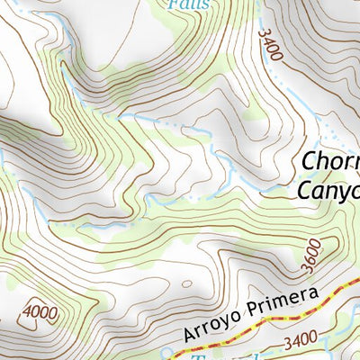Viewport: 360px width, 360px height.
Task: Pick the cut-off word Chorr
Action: click(330, 162)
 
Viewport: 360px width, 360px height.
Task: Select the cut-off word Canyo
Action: click(328, 191)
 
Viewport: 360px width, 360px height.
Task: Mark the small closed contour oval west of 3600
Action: click(186, 283)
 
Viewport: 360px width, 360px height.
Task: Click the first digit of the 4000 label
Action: click(26, 313)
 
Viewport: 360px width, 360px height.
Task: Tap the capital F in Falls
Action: click(172, 4)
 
